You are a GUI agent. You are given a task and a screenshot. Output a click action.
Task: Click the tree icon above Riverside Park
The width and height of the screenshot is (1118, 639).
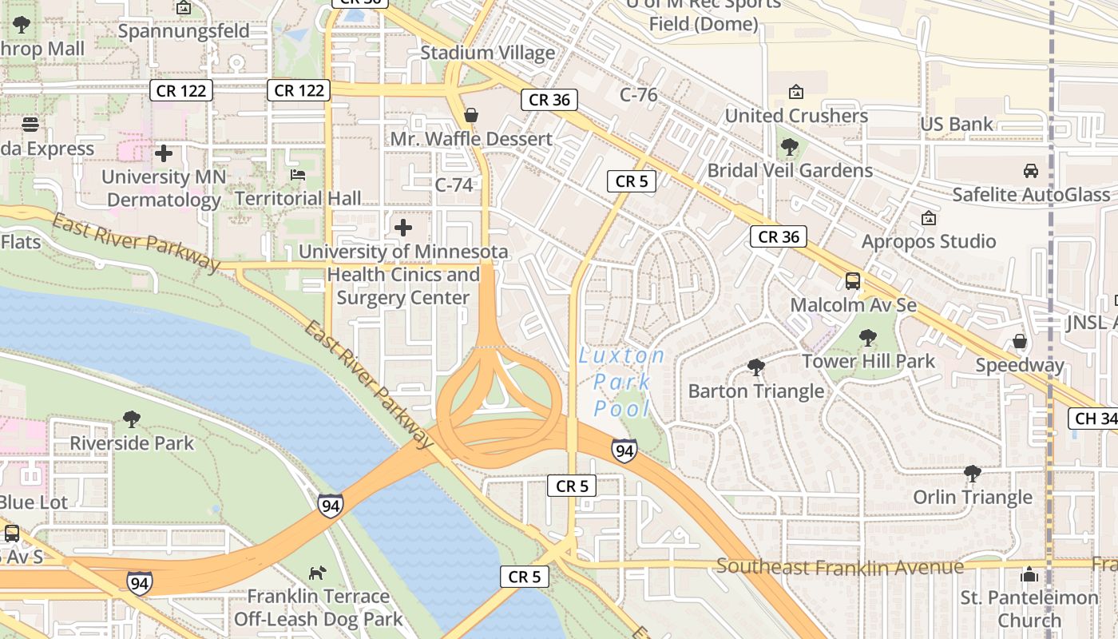(x=132, y=419)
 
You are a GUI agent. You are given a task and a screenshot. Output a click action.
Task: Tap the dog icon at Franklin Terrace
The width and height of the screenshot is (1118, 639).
(x=318, y=573)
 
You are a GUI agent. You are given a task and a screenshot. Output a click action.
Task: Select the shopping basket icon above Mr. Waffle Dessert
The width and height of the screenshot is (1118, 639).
(x=471, y=116)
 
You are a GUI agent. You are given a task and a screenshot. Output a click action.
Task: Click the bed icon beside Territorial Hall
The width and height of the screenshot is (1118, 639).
(x=298, y=175)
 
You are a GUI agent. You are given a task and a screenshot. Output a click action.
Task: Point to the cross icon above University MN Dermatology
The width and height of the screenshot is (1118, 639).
(x=164, y=153)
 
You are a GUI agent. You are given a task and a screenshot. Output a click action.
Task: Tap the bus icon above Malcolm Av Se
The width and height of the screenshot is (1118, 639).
(x=853, y=281)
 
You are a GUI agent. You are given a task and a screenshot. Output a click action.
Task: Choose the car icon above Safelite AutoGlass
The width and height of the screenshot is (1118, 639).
(x=1031, y=171)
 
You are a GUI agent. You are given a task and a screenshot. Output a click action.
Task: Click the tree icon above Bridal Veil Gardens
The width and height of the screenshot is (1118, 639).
(x=790, y=147)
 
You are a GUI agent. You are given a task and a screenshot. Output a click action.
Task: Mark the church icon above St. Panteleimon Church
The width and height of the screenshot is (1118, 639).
(x=1029, y=574)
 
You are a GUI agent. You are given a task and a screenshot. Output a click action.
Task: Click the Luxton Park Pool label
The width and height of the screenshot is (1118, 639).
(x=622, y=382)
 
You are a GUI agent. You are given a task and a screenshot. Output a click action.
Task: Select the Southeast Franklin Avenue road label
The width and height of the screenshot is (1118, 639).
(x=839, y=566)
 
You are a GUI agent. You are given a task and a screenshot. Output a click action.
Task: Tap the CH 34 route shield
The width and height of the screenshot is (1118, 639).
(x=1093, y=419)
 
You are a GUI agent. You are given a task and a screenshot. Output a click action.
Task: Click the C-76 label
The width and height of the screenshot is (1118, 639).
(x=638, y=95)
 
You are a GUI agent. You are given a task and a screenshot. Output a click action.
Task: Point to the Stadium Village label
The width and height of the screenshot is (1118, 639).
(x=487, y=53)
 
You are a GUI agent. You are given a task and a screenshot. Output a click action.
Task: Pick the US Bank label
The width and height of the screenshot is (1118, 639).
(x=957, y=124)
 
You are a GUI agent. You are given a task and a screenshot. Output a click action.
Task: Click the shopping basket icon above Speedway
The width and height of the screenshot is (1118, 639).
(x=1020, y=342)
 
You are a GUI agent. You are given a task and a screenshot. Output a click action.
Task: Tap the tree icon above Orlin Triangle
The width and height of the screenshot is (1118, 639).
(x=973, y=474)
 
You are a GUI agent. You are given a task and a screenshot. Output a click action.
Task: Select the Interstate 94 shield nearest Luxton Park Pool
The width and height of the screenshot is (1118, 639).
(x=624, y=451)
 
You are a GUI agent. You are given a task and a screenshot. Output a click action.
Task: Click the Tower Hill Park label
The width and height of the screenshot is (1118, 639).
(x=868, y=361)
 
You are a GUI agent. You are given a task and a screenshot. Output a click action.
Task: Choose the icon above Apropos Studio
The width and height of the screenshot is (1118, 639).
(x=929, y=218)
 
